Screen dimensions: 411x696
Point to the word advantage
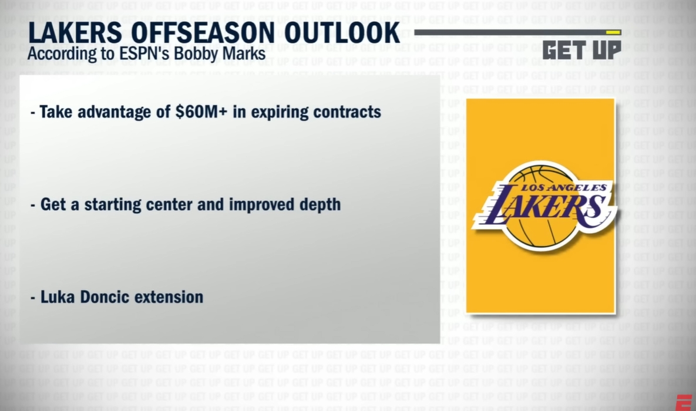tap(120, 112)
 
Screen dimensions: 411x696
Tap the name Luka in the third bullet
tap(56, 297)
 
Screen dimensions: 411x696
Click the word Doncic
tap(103, 297)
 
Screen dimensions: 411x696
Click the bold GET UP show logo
tap(581, 49)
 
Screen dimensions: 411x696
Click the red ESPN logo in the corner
tap(684, 403)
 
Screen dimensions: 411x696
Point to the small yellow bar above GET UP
tap(613, 32)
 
